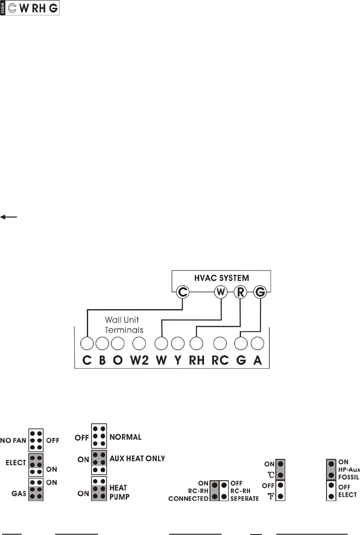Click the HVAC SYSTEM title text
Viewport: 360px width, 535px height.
(221, 278)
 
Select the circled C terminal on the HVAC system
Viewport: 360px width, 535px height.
(183, 292)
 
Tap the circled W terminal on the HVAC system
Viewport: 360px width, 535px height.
(221, 292)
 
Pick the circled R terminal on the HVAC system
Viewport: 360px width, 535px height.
(240, 292)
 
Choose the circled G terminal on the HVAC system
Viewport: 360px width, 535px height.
(260, 292)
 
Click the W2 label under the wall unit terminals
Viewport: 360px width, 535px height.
(139, 360)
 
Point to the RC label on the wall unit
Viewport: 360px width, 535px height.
(220, 360)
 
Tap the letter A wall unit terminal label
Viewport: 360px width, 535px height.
(258, 360)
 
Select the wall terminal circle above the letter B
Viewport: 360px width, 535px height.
(102, 344)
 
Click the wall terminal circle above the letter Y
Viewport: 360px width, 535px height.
(178, 344)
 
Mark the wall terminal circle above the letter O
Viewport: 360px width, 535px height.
(118, 344)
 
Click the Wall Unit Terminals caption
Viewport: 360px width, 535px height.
(124, 325)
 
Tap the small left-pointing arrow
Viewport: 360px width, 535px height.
(8, 217)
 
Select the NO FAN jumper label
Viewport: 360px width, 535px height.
(13, 440)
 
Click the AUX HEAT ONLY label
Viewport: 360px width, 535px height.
(137, 459)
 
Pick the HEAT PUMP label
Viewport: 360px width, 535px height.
(119, 492)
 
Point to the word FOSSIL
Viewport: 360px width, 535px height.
(348, 477)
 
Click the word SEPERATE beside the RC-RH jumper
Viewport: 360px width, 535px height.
(244, 499)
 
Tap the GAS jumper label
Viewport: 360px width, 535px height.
(19, 494)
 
